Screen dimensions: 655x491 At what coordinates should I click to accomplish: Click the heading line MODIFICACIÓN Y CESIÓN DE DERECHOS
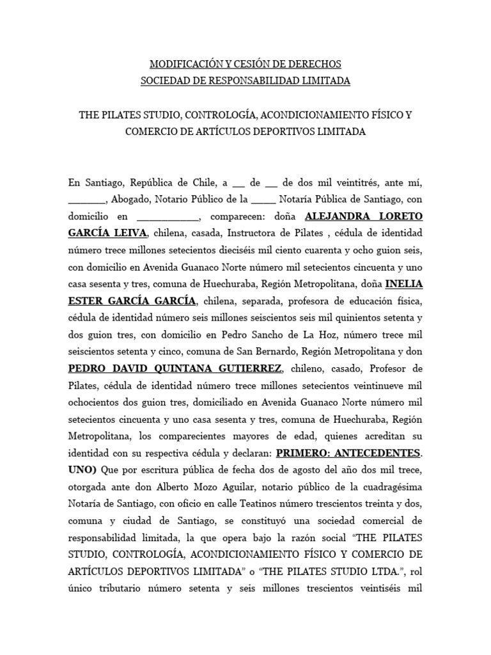(x=245, y=64)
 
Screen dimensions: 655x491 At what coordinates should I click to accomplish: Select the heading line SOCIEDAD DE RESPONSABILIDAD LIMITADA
(x=245, y=81)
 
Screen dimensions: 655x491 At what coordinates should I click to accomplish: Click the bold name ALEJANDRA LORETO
(x=364, y=215)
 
